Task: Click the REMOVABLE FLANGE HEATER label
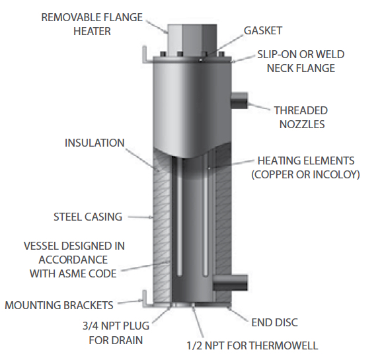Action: (92, 23)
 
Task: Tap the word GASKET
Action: (262, 30)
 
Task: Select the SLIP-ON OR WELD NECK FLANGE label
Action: (301, 61)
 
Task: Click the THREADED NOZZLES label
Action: (300, 117)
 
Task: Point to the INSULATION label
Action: (95, 143)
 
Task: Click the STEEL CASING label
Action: (88, 217)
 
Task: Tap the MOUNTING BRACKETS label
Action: (59, 305)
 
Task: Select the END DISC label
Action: (275, 322)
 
